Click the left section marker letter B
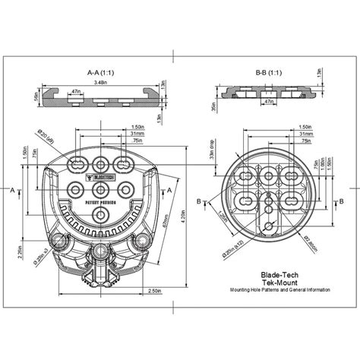click(x=199, y=201)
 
